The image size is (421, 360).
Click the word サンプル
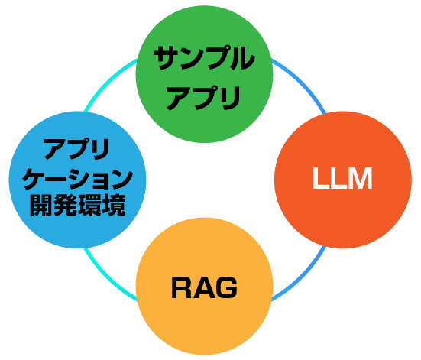pos(204,59)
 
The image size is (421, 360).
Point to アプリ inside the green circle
pos(204,98)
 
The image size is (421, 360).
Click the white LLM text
pos(342,179)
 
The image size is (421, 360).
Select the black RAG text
pos(204,288)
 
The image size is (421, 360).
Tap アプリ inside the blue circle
pos(76,149)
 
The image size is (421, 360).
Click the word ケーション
pos(77,179)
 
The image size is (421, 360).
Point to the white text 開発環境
pos(77,206)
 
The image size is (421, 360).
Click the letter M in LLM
pos(359,179)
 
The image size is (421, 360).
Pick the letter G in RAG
pos(225,288)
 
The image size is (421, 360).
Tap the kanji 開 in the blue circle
pos(41,206)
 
